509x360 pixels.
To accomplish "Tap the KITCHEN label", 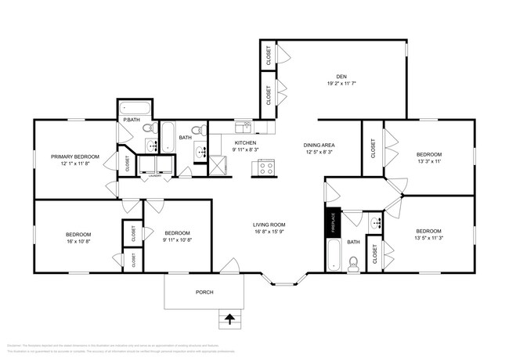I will pyautogui.click(x=246, y=144).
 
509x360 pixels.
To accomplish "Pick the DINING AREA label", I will pyautogui.click(x=319, y=146).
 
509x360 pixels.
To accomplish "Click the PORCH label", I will pyautogui.click(x=204, y=292).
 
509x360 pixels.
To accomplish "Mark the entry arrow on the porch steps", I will pyautogui.click(x=229, y=318).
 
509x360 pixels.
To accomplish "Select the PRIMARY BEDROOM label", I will pyautogui.click(x=75, y=157).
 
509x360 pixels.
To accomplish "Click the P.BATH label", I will pyautogui.click(x=131, y=119).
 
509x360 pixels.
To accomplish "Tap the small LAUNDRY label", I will pyautogui.click(x=155, y=177).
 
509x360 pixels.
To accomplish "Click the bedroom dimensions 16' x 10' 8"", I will pyautogui.click(x=78, y=242).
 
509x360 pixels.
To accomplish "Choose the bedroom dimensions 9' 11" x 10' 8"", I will pyautogui.click(x=178, y=239).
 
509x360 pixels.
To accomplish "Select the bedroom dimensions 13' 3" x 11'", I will pyautogui.click(x=428, y=161).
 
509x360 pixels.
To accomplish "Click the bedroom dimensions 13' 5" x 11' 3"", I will pyautogui.click(x=428, y=238).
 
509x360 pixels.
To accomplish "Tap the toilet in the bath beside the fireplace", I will pyautogui.click(x=354, y=263).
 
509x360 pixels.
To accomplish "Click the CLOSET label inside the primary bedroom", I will pyautogui.click(x=127, y=163).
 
